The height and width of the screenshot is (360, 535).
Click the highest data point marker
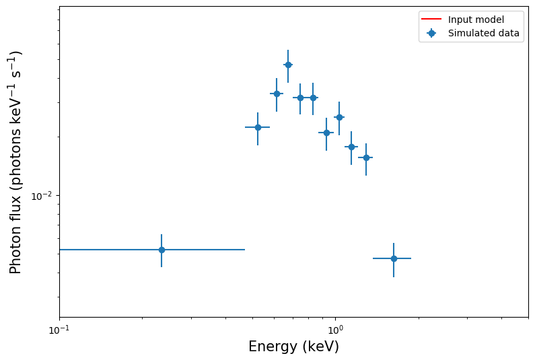(288, 65)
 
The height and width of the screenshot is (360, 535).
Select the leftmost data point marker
(162, 250)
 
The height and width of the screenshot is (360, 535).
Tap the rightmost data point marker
(394, 258)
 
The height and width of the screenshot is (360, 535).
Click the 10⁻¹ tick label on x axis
(59, 329)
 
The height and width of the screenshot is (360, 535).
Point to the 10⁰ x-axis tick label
(335, 329)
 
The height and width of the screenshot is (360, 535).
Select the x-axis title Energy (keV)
(293, 347)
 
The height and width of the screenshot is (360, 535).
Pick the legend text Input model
(476, 20)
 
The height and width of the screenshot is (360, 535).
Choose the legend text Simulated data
(483, 33)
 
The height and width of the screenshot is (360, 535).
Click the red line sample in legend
(431, 20)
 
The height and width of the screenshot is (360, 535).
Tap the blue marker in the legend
(431, 33)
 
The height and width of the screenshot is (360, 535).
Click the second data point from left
(258, 127)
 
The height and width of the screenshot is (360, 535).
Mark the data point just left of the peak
(277, 94)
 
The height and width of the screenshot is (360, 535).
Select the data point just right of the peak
(300, 98)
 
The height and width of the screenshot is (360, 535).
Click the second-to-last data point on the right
(366, 157)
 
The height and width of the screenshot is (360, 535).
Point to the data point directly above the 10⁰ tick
(339, 117)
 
